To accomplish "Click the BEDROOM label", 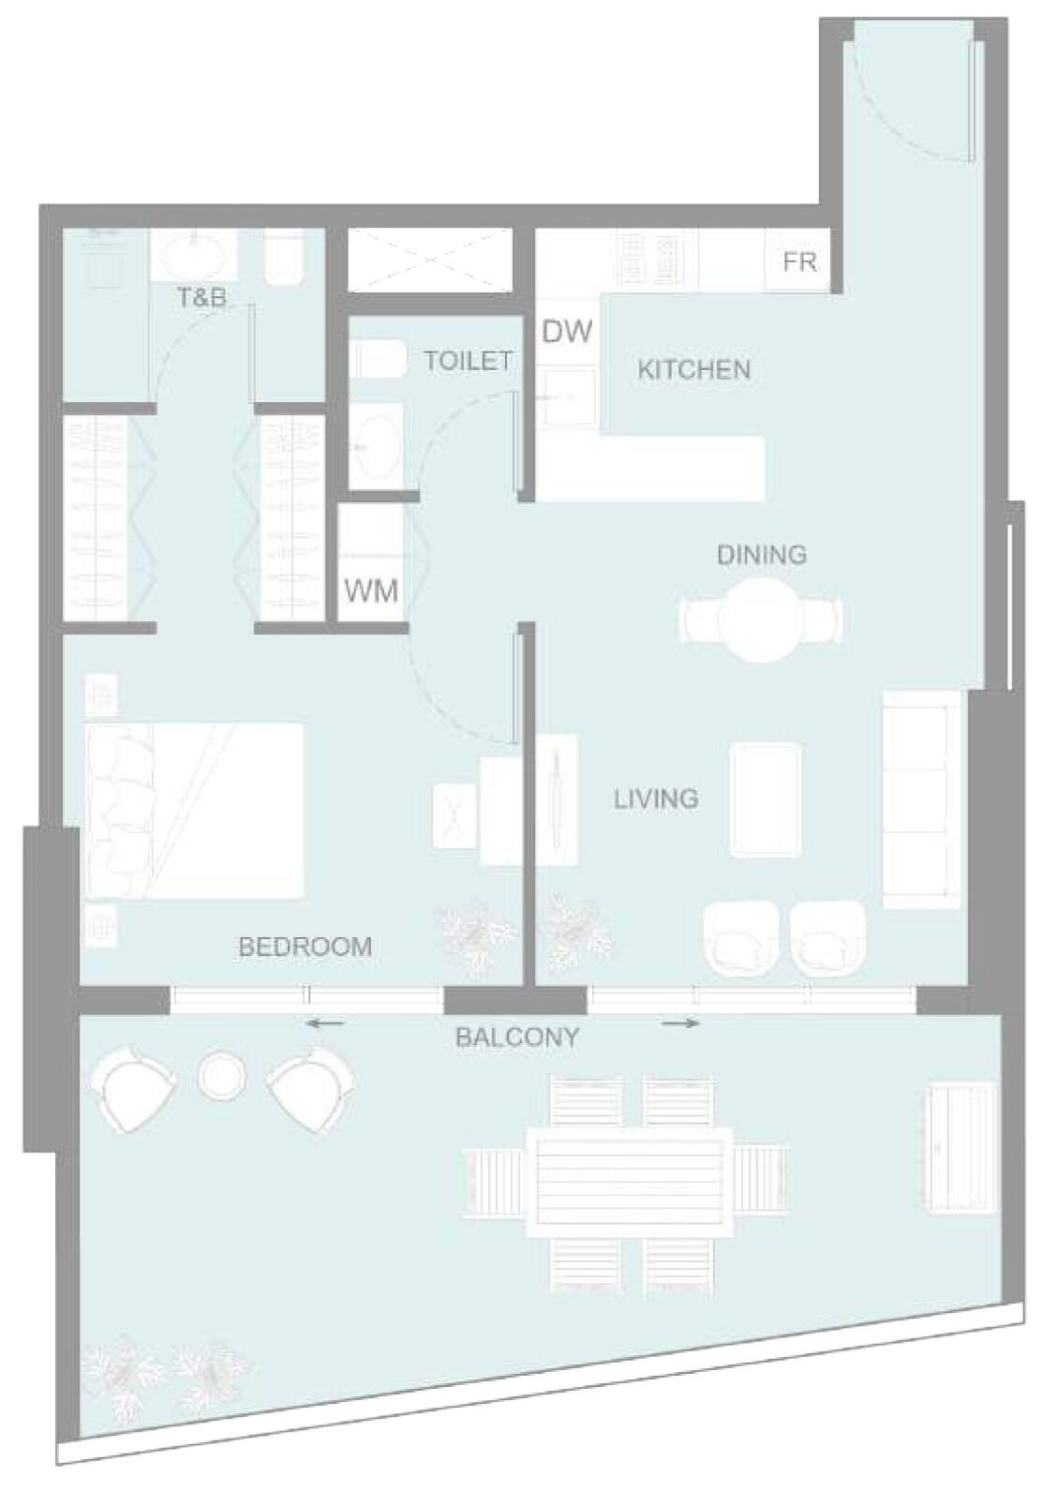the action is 305,947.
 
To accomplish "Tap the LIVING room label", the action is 656,798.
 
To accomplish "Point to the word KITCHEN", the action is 694,369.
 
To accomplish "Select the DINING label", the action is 762,555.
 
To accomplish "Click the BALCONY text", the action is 517,1037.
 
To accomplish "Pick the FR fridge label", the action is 800,262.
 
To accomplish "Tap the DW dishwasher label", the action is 567,331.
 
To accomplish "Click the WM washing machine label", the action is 371,590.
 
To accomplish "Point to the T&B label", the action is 202,297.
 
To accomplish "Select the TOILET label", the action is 469,361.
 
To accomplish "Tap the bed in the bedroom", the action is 194,812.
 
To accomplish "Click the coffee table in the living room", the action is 765,799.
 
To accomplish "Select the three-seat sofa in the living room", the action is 922,798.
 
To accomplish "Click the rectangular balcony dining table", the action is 630,1182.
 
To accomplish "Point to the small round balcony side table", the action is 223,1075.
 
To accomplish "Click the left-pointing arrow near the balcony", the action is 325,1023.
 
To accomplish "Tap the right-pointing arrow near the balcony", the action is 680,1023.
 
